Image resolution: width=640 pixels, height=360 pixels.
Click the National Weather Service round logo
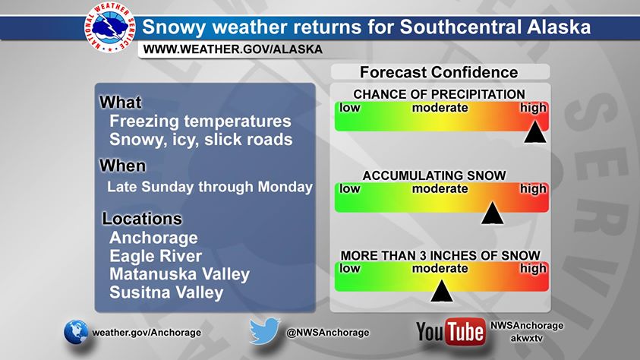pos(110,27)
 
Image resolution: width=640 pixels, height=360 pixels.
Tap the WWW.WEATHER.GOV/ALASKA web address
pos(232,49)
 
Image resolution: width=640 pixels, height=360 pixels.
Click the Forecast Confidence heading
pos(439,72)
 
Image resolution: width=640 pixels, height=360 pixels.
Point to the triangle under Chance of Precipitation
pos(535,132)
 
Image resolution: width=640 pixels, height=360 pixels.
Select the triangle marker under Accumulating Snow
pos(492,213)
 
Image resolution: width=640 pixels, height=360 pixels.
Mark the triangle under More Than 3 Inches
pos(442,291)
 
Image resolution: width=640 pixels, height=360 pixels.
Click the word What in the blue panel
pos(121,102)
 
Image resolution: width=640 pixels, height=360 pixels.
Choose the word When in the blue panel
pos(122,166)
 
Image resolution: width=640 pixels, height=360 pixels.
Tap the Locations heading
pos(142,219)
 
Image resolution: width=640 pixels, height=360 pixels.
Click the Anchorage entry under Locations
pos(153,238)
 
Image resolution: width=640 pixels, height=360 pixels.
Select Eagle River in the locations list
pos(156,256)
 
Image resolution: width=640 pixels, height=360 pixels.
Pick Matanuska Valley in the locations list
pos(179,274)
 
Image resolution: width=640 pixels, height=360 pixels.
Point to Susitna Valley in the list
pos(166,292)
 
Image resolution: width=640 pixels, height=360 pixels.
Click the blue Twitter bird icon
pos(264,331)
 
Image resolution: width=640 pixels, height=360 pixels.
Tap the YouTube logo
pos(451,332)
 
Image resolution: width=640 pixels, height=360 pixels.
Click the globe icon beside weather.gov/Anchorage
pos(76,332)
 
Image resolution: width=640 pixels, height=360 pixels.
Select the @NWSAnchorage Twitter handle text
pos(328,333)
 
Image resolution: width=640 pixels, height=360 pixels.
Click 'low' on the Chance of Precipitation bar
pos(350,108)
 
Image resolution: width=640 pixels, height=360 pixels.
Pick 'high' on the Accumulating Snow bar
pos(533,189)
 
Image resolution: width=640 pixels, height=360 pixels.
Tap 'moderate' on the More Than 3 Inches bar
pos(440,268)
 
